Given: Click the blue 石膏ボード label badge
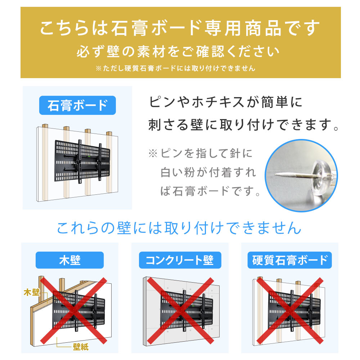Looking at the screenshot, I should (77, 105).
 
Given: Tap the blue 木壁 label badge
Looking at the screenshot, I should (69, 260).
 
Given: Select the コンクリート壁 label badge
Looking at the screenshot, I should (179, 260).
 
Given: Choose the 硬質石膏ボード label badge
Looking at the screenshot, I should (289, 260).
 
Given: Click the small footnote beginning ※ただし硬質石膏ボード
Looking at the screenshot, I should (176, 68).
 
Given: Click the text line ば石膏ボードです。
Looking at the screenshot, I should (210, 191).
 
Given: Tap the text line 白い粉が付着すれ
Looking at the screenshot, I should (208, 172).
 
